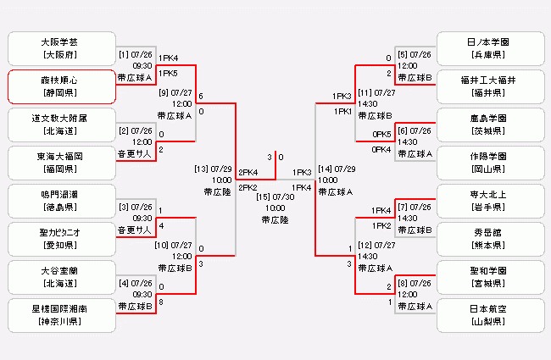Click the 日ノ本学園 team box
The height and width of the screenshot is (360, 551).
click(489, 47)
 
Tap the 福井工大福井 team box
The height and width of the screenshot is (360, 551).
click(489, 86)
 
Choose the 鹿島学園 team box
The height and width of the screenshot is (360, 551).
click(489, 124)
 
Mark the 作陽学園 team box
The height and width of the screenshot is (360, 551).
click(489, 162)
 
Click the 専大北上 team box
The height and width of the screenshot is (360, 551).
click(489, 201)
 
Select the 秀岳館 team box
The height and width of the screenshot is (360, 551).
click(489, 239)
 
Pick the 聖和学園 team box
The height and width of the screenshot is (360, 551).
click(489, 277)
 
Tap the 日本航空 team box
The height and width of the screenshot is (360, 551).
click(489, 315)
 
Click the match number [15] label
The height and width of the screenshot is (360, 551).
click(264, 197)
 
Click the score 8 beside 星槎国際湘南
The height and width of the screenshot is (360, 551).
click(161, 301)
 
